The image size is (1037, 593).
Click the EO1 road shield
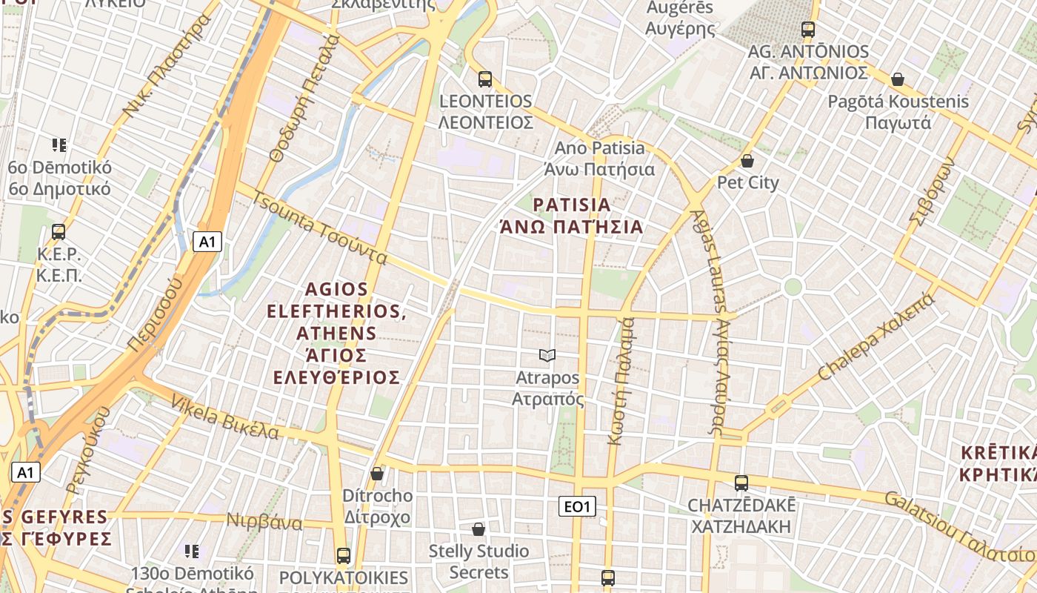576,506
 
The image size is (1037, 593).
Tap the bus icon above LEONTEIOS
485,79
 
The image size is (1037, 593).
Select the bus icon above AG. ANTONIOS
808,30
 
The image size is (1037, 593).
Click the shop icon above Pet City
747,160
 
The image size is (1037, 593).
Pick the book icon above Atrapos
547,356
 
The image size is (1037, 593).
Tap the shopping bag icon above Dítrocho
377,473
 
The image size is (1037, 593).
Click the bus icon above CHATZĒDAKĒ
741,483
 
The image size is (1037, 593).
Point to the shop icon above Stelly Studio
479,529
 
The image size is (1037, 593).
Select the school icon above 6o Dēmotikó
59,145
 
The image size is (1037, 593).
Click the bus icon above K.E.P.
59,232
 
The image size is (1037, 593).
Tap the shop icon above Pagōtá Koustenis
898,79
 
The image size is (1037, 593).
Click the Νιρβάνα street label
264,522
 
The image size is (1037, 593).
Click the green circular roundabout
793,287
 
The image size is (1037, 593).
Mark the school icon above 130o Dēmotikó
192,551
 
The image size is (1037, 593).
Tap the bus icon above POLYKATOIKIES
344,555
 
